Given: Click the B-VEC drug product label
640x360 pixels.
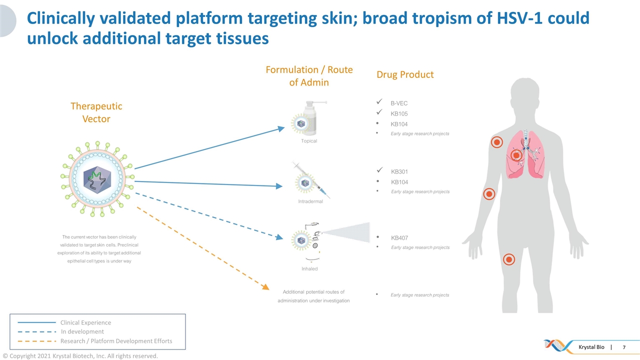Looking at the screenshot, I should click(x=399, y=103).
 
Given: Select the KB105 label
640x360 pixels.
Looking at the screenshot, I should click(x=399, y=114).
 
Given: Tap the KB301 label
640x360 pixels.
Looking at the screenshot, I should click(x=399, y=172).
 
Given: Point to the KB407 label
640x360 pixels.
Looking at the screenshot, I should click(x=399, y=238).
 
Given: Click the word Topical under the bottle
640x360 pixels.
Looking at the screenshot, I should click(x=309, y=141).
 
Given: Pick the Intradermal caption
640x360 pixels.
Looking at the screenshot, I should click(x=310, y=201).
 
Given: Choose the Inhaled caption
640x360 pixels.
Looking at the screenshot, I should click(x=309, y=268).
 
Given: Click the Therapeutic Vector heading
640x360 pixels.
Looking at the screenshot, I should click(x=96, y=112).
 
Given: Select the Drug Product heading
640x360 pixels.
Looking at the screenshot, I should click(x=405, y=75).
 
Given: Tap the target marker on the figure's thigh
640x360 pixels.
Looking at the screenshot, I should click(x=509, y=259).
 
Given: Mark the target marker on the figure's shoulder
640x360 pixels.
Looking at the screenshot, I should click(x=496, y=142).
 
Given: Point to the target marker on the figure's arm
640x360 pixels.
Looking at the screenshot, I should click(x=489, y=194).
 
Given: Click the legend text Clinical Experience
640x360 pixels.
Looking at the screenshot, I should click(x=85, y=322).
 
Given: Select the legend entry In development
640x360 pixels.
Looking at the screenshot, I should click(x=82, y=331).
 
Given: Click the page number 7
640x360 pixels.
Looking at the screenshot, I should click(x=623, y=347).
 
